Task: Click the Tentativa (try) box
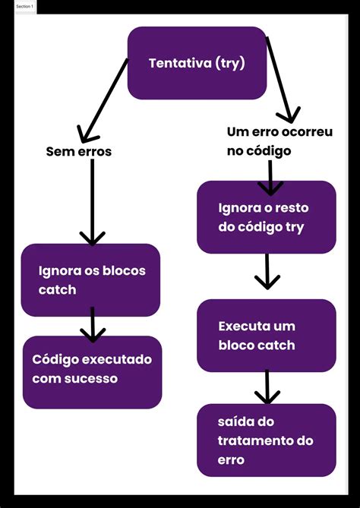197,63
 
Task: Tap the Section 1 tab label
25,6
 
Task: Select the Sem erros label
79,151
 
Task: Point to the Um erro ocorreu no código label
279,141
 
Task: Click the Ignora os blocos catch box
90,280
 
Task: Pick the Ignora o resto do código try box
266,217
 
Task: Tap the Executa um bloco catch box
266,336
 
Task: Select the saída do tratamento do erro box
266,440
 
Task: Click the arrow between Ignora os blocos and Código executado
92,324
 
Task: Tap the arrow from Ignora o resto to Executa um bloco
267,271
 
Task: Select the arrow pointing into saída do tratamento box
267,387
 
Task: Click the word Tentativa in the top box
181,63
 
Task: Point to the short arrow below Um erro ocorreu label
271,178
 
